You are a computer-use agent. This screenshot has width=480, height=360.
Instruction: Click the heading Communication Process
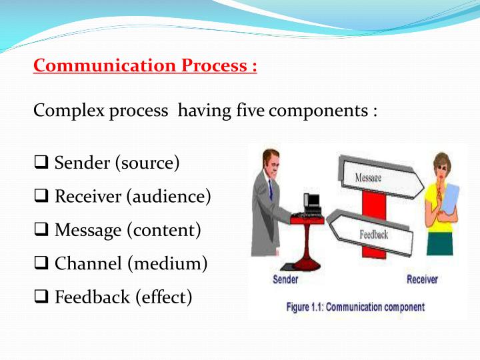click(x=145, y=66)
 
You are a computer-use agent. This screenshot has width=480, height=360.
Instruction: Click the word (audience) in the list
click(x=169, y=196)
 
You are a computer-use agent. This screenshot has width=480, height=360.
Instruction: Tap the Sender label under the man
click(x=285, y=279)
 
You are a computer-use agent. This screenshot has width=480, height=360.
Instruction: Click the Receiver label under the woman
click(x=423, y=279)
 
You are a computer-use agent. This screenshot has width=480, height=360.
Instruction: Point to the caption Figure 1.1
click(x=355, y=307)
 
